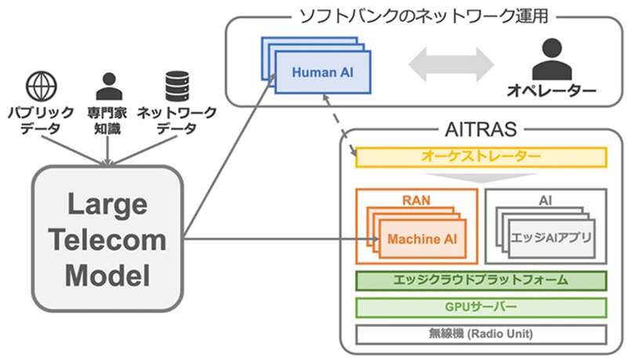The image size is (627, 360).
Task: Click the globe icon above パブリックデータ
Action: point(39,84)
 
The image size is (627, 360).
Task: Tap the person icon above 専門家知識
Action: point(109,84)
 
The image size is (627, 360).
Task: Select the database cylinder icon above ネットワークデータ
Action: point(177,84)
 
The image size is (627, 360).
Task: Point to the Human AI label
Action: point(320,71)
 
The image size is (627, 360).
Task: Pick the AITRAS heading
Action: point(482,126)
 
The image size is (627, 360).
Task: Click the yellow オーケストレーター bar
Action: point(481,157)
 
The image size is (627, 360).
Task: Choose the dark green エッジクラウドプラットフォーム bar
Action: point(481,280)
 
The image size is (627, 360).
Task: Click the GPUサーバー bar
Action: point(481,307)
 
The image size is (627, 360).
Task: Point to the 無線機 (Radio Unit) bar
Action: point(481,333)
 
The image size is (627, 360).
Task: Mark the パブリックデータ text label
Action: point(39,120)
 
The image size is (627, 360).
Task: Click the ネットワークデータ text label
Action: point(177,120)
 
